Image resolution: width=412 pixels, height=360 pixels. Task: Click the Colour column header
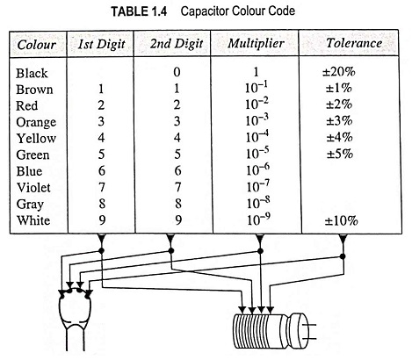(x=37, y=45)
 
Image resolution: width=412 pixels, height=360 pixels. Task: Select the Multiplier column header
(x=256, y=44)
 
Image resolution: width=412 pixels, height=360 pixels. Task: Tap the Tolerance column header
(x=354, y=43)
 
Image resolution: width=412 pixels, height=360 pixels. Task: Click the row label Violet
(x=33, y=188)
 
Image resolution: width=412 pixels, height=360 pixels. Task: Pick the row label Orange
(x=36, y=123)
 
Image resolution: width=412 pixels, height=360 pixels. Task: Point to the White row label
(x=33, y=220)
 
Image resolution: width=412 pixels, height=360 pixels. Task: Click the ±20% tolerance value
(x=339, y=72)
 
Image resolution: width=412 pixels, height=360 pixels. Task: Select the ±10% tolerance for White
(x=341, y=221)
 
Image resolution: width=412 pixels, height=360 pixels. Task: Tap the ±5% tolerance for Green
(x=340, y=154)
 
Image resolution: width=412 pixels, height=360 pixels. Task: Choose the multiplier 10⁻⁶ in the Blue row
(x=257, y=170)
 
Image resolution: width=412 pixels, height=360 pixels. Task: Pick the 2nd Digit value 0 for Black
(x=177, y=72)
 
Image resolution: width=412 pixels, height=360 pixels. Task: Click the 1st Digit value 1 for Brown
(x=101, y=89)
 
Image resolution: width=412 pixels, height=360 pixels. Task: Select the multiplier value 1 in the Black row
(x=257, y=72)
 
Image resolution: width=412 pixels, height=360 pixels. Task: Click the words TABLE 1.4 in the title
(x=139, y=11)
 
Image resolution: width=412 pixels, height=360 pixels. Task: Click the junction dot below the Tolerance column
(x=343, y=256)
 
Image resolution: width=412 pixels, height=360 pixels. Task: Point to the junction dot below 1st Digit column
(x=101, y=250)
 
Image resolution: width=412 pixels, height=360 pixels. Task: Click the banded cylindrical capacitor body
(x=271, y=331)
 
